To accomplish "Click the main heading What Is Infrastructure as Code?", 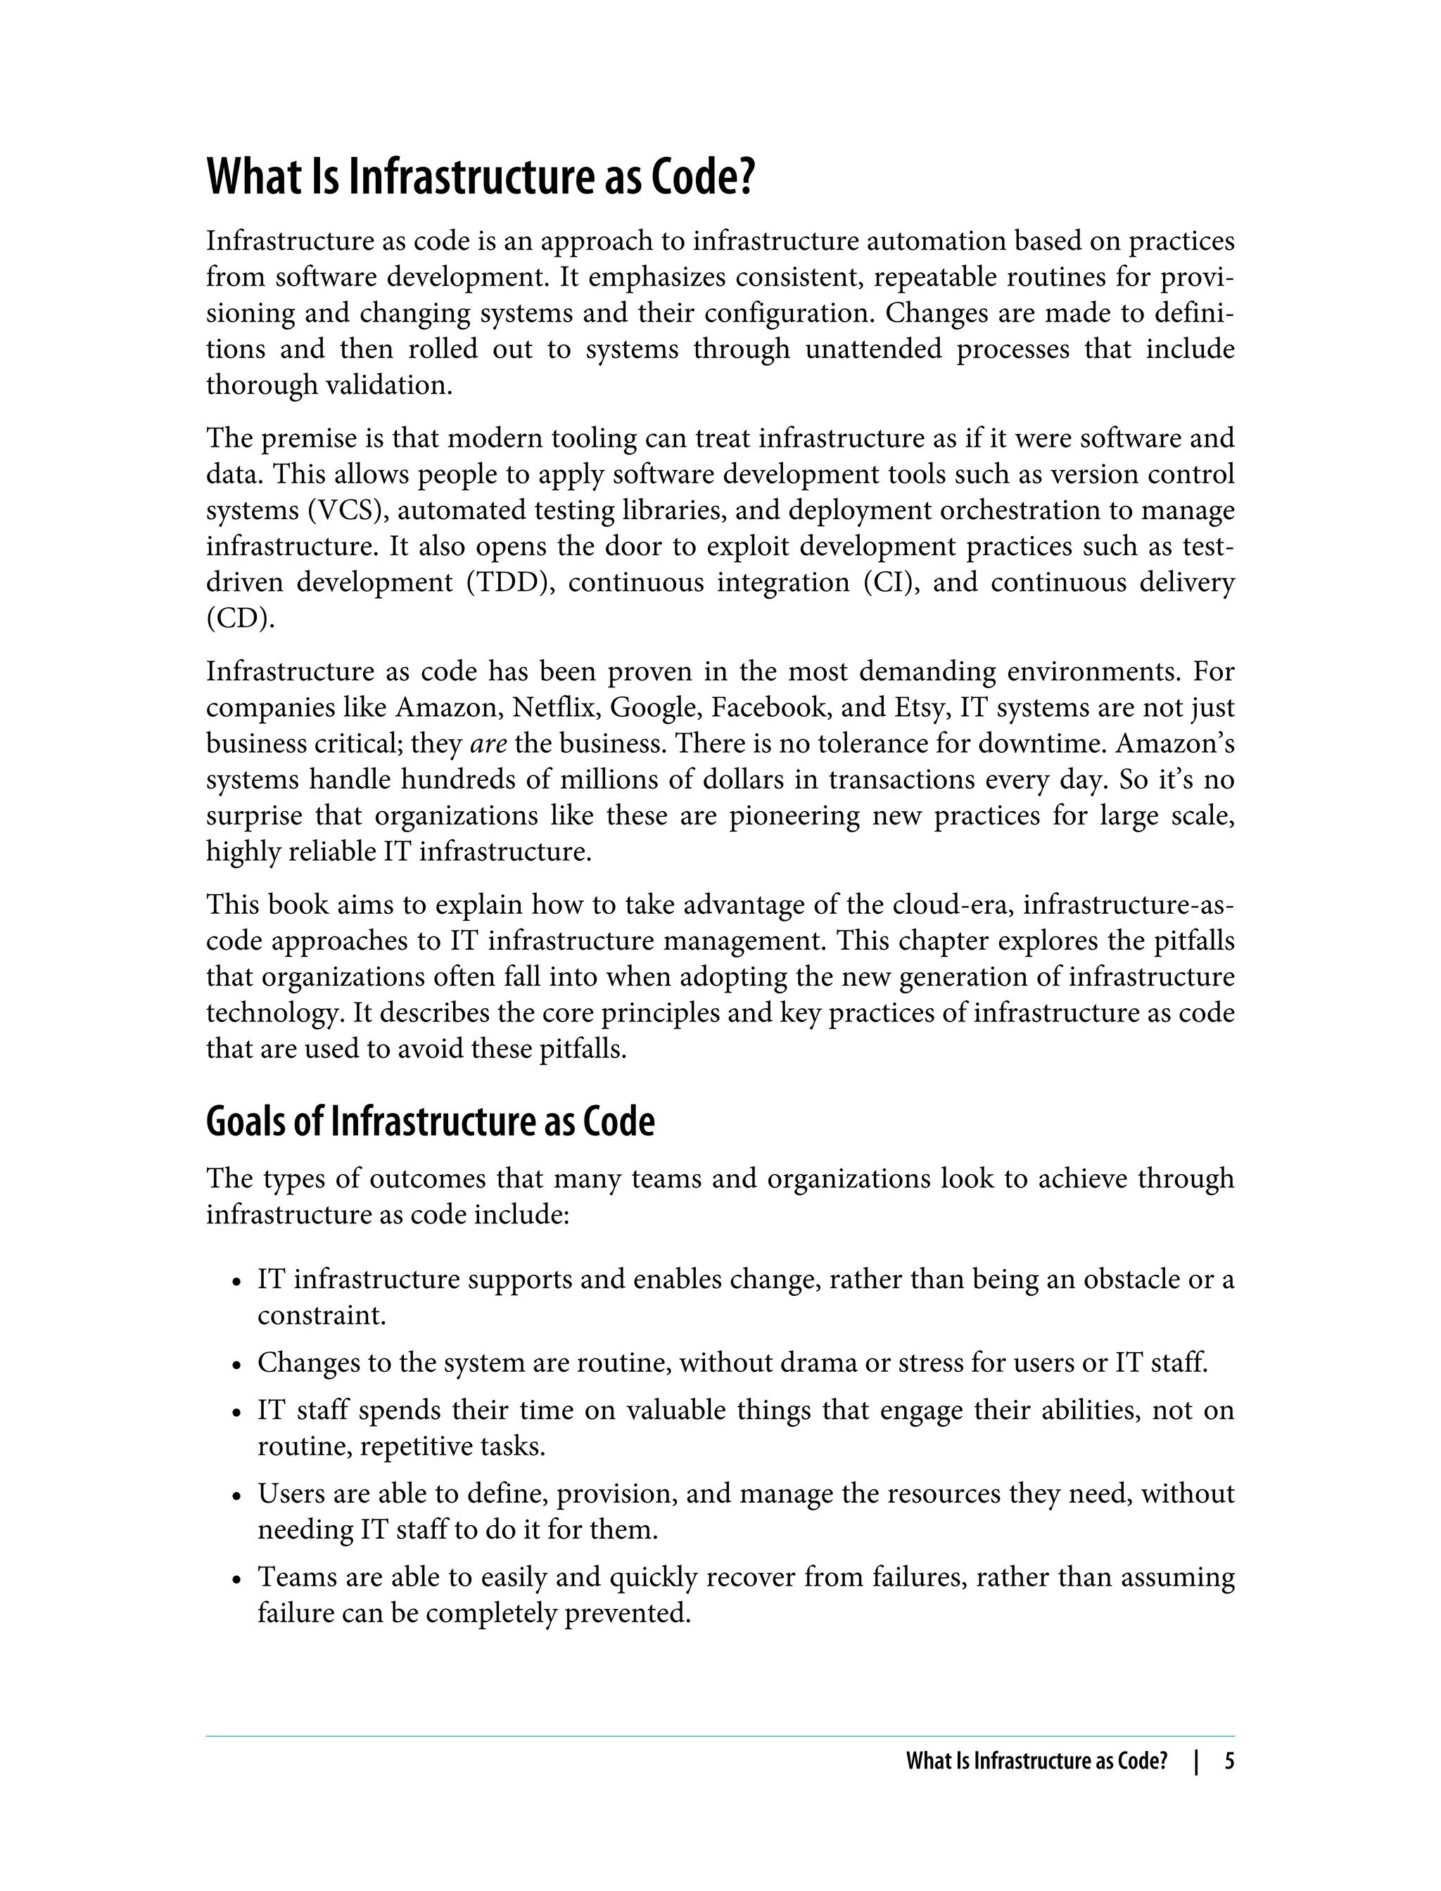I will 481,176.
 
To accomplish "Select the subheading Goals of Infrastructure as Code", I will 430,1122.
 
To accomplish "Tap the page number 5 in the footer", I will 1229,1762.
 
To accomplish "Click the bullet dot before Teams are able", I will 236,1579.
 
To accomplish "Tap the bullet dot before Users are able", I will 236,1496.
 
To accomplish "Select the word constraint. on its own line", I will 322,1315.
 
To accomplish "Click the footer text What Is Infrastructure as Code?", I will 1037,1762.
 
